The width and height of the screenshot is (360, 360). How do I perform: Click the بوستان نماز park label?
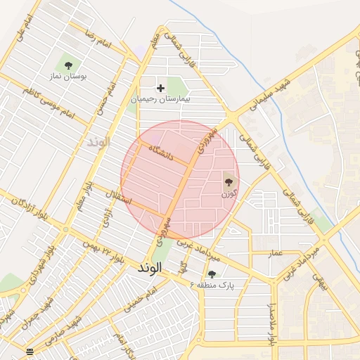pos(68,75)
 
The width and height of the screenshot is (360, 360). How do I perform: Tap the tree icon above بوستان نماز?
pos(68,65)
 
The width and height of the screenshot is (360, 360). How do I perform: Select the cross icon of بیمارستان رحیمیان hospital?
pos(161,88)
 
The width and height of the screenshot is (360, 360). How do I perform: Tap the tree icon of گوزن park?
pos(229,181)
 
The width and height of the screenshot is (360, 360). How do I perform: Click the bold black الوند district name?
pos(150,268)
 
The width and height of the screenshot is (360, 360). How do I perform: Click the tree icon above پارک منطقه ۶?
pos(212,274)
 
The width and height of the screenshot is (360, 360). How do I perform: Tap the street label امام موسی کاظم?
pos(48,102)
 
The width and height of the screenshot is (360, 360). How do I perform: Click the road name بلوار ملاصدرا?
pos(271,323)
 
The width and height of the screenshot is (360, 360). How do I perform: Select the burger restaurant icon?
pos(30,352)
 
